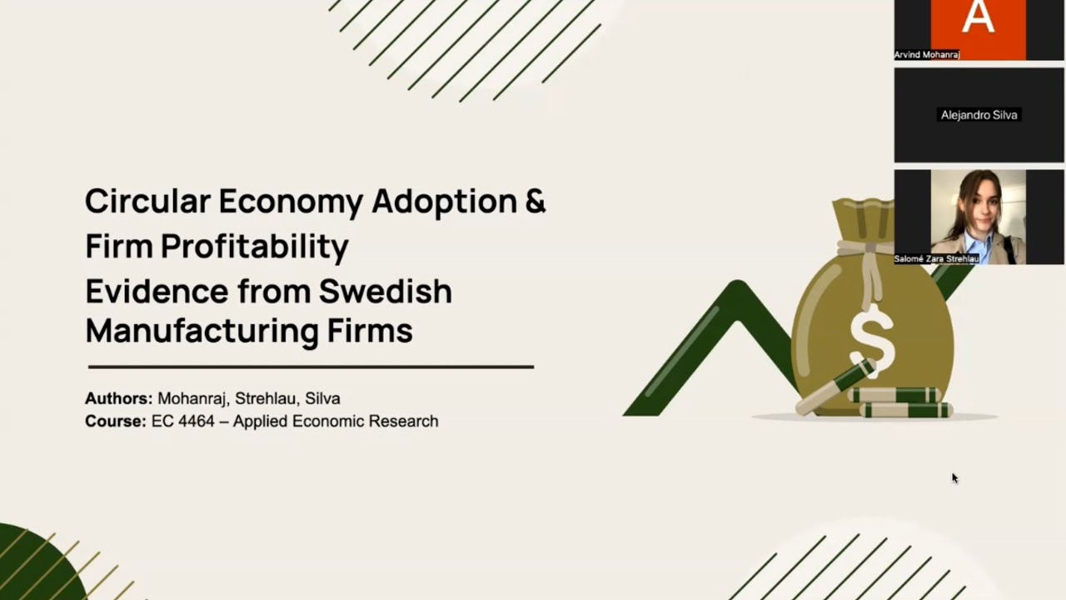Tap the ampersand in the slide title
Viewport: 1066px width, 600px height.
coord(535,202)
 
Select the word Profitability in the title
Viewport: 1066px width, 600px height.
coord(254,247)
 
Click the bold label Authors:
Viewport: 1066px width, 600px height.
coord(118,398)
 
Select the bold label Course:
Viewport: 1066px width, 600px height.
coord(115,421)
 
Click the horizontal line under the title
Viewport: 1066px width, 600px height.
coord(311,366)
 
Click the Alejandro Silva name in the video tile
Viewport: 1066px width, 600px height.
coord(979,115)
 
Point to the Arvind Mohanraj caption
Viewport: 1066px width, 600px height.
coord(927,54)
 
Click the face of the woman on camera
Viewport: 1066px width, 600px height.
coord(979,204)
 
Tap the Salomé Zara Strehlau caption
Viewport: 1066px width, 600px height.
coord(936,259)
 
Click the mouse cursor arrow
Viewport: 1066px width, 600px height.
coord(954,477)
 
